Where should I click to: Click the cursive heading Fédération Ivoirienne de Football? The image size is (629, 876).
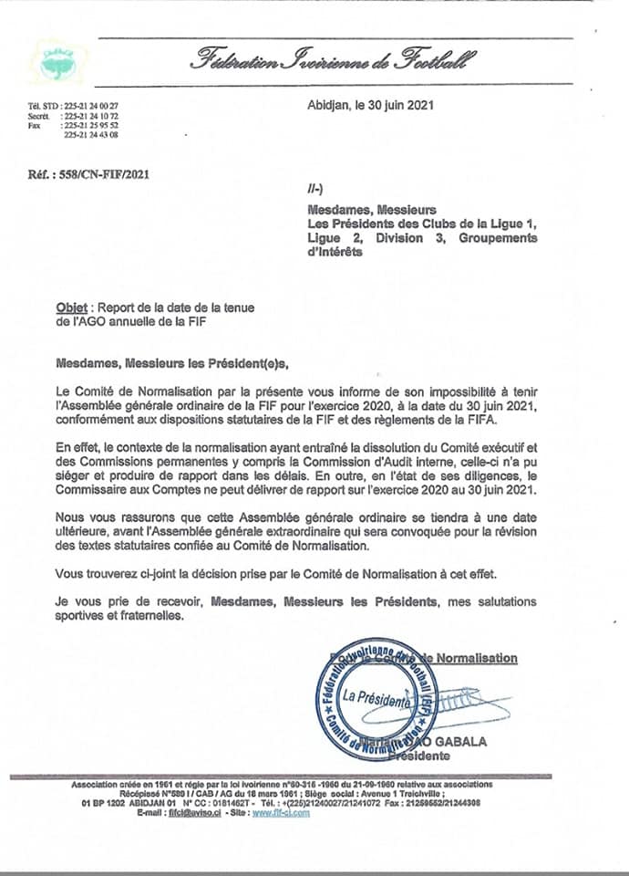(x=332, y=61)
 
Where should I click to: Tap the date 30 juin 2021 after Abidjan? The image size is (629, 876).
(x=395, y=105)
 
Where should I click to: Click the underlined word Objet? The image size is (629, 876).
(x=72, y=308)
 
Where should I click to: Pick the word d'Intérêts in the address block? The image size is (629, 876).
(x=335, y=252)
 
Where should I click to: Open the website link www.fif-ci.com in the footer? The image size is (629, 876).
(x=281, y=813)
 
